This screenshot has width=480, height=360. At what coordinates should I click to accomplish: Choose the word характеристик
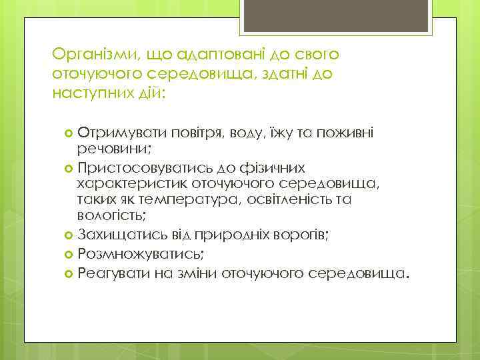tap(132, 182)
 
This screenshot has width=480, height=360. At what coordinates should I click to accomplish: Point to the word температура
tap(194, 199)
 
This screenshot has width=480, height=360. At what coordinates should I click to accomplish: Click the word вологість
tap(111, 215)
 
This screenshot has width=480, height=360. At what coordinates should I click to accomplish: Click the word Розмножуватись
tap(141, 254)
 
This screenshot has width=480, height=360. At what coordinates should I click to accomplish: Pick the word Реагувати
tap(107, 273)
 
